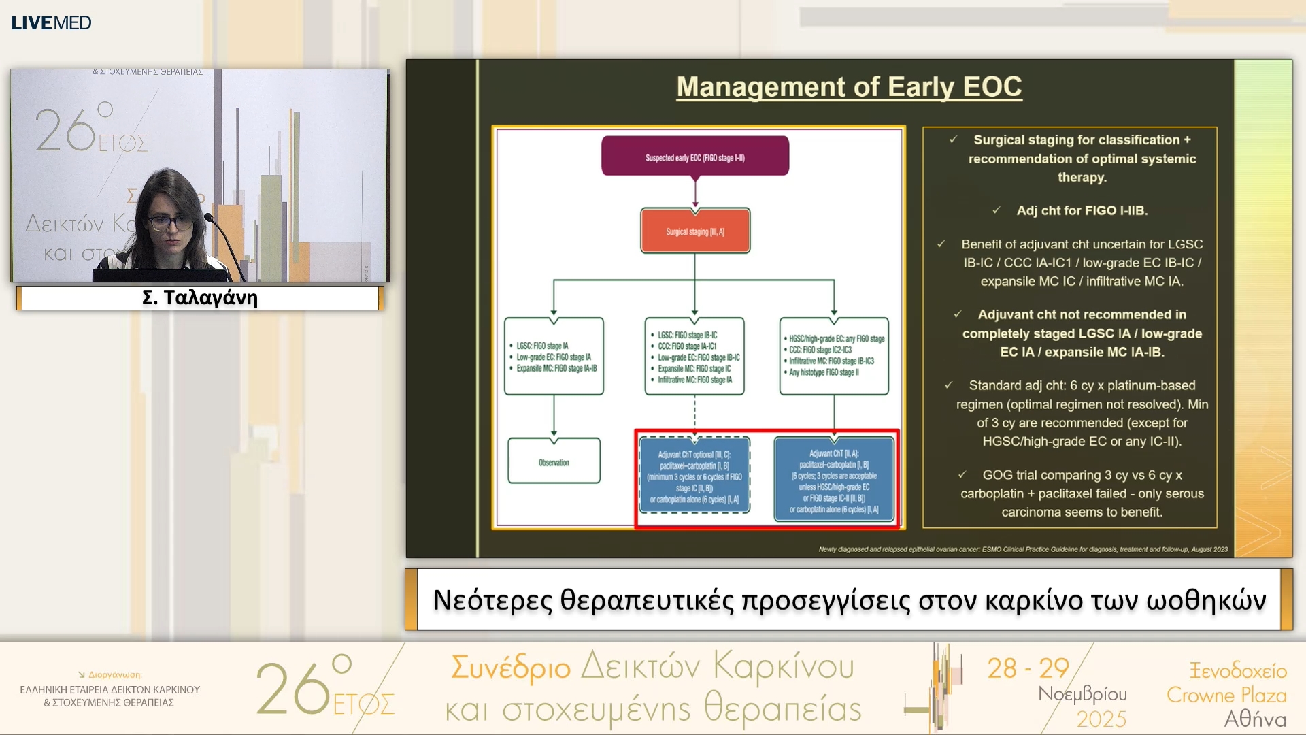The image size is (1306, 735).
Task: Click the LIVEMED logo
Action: pos(51,22)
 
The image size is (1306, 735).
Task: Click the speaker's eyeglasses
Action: pos(170,223)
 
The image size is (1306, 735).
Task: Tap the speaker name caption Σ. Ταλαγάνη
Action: pos(200,298)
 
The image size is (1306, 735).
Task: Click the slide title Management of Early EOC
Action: pos(849,87)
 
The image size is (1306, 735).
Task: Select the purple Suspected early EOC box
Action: pos(694,157)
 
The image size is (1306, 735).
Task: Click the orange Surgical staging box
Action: pos(694,231)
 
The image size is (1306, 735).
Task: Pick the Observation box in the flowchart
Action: pos(554,462)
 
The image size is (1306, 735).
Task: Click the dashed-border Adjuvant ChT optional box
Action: pos(694,476)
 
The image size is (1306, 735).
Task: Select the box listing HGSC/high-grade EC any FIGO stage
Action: pos(834,355)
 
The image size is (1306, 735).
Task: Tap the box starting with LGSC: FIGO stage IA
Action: pos(554,356)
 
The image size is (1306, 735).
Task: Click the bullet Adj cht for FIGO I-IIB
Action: pos(1082,211)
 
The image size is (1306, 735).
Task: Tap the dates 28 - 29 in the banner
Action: pos(1028,668)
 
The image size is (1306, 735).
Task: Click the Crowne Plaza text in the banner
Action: pos(1226,695)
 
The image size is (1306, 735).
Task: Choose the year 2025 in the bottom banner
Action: pos(1101,719)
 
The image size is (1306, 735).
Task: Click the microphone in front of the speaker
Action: pos(210,219)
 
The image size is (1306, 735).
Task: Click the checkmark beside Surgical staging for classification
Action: pos(953,140)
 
